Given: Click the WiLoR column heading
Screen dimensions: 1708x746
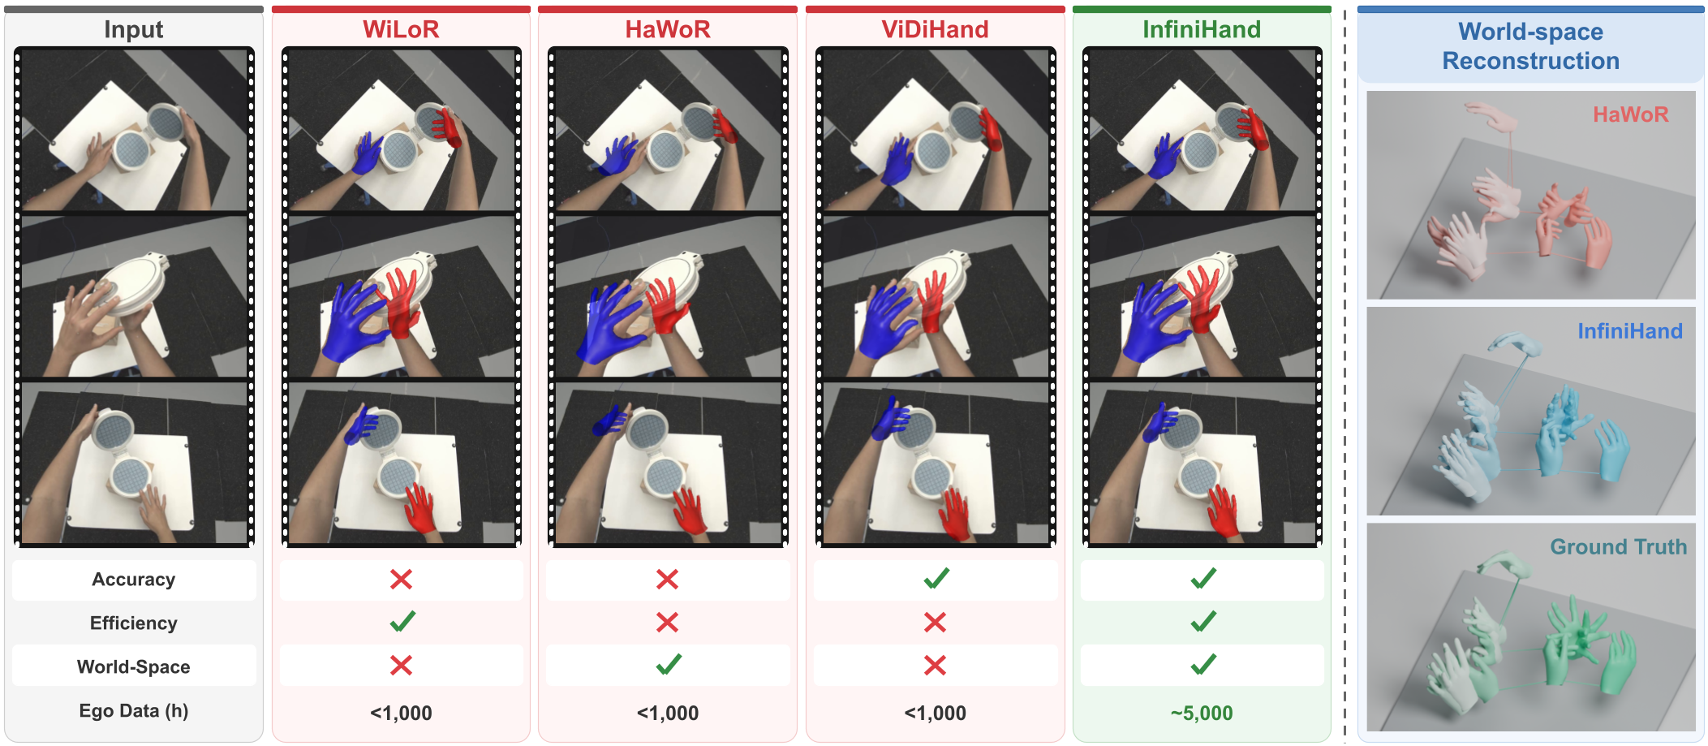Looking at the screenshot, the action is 401,29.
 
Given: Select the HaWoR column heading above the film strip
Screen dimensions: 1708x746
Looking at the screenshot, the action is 668,29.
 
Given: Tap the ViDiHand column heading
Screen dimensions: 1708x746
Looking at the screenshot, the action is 935,29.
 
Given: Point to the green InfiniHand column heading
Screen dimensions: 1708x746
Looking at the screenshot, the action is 1202,29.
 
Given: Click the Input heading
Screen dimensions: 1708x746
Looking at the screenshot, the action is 134,30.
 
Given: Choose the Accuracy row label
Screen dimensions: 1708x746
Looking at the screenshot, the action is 134,580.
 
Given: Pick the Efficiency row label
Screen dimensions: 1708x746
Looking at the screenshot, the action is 134,623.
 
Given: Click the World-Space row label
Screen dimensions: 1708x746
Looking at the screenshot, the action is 134,666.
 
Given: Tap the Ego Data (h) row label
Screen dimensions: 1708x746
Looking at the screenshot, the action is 134,711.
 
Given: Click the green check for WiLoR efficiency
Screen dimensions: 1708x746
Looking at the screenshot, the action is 402,622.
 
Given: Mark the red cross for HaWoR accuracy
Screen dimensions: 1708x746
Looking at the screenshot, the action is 667,579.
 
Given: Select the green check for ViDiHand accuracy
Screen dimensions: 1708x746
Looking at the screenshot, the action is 936,578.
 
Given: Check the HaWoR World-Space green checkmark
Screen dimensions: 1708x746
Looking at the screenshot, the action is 669,665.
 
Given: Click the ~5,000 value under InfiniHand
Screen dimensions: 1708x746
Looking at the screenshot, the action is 1202,713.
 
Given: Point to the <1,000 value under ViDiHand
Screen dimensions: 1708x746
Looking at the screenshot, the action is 935,713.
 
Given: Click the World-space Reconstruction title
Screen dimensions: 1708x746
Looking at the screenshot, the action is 1530,46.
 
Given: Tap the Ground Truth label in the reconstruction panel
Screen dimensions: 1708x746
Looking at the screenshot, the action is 1618,547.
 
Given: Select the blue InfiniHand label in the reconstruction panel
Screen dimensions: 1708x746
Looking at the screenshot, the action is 1630,331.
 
